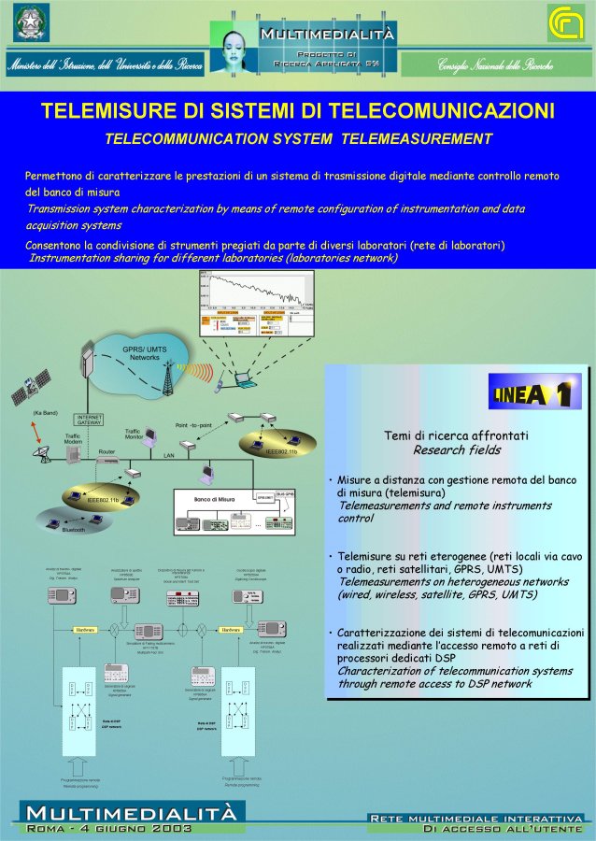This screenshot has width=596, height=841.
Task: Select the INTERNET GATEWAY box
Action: (x=89, y=420)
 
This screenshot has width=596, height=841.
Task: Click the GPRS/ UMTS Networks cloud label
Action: (x=145, y=353)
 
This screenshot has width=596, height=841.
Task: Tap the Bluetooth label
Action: (x=73, y=530)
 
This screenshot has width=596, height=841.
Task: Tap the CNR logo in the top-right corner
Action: (x=565, y=22)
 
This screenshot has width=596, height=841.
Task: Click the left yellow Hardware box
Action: (x=86, y=630)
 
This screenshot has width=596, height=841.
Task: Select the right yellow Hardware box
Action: (x=231, y=630)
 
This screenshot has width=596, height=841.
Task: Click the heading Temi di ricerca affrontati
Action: (x=457, y=435)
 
